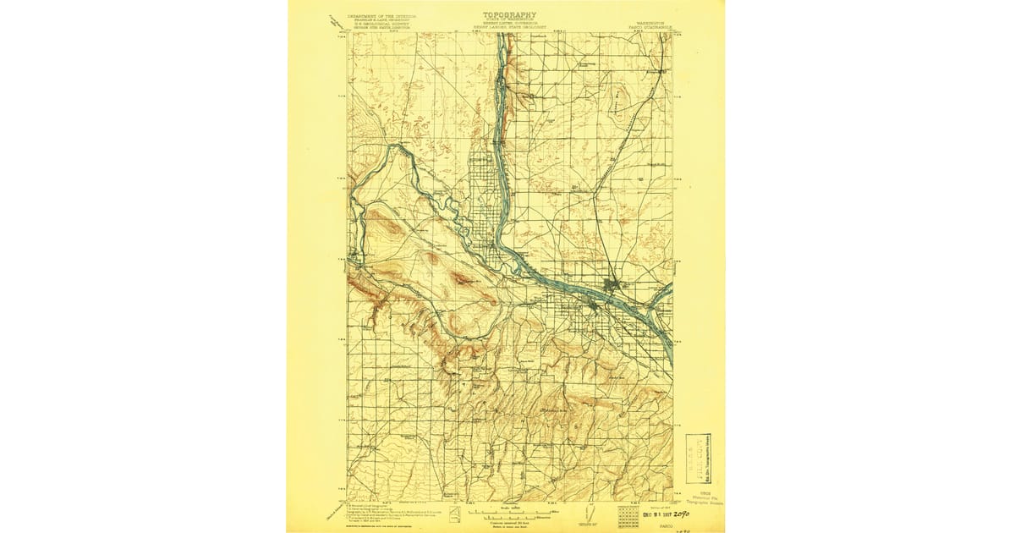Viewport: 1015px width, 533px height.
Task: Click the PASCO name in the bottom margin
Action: (x=652, y=526)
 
